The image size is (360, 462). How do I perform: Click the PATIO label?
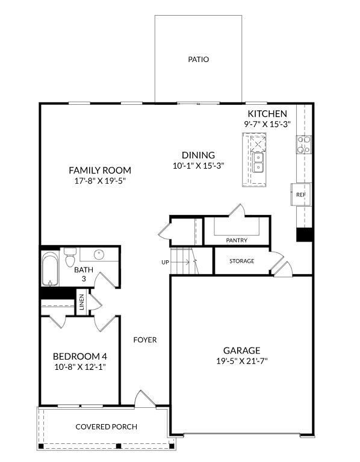[199, 60]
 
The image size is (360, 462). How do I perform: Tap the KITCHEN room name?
[267, 114]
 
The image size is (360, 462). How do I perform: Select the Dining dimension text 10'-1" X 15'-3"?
[199, 166]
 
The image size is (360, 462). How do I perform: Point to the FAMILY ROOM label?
[100, 170]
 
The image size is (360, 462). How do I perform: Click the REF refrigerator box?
[301, 195]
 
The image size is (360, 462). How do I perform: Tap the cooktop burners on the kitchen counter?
[304, 145]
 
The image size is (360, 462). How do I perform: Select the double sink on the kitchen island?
[258, 163]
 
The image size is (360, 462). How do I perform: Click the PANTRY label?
[237, 240]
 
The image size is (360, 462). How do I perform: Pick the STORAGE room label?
[241, 261]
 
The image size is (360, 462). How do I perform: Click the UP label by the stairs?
[165, 262]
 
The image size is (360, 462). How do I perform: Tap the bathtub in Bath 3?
[50, 269]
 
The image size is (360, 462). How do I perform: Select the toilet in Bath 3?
[70, 257]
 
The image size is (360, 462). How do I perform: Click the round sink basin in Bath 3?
[99, 255]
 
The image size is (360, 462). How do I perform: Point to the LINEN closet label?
[81, 302]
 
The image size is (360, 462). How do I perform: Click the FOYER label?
[145, 340]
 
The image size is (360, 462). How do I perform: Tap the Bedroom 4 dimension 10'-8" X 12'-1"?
[80, 367]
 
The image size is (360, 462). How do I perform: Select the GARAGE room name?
[241, 351]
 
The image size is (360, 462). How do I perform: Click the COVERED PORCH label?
[107, 427]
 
